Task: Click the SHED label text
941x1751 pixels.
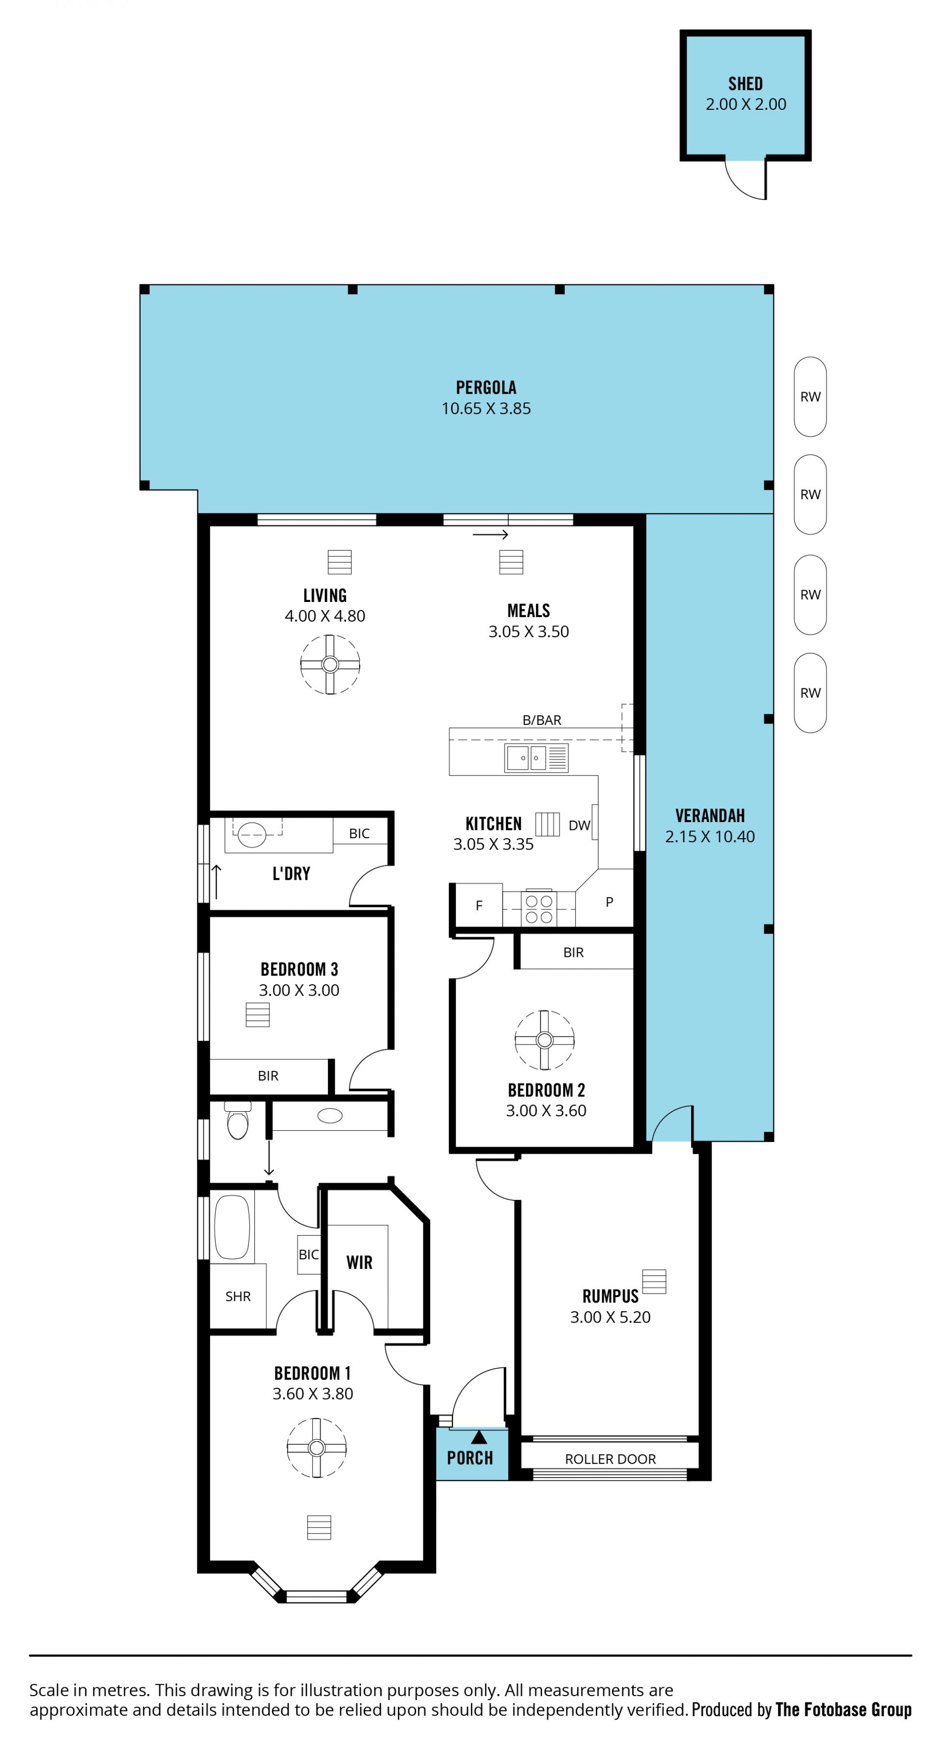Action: [745, 84]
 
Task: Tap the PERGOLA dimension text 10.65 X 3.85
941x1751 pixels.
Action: [486, 408]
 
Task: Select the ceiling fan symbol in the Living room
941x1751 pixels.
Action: [330, 664]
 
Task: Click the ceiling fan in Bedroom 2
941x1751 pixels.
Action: [544, 1039]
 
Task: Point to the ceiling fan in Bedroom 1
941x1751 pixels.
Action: [317, 1447]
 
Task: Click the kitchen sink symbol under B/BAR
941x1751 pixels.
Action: [536, 757]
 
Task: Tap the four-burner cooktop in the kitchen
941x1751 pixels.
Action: [539, 908]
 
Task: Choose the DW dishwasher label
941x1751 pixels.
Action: [579, 825]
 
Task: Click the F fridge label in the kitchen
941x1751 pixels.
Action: [479, 905]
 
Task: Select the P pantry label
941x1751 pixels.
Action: [609, 901]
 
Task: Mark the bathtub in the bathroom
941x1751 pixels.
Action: [232, 1227]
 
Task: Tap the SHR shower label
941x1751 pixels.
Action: [238, 1296]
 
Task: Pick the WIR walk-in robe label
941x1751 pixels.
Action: [359, 1262]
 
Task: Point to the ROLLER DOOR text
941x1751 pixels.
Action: [610, 1459]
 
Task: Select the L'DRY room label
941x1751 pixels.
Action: [292, 874]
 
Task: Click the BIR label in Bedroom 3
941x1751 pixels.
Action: [269, 1076]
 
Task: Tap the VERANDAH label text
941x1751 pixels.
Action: [710, 816]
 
